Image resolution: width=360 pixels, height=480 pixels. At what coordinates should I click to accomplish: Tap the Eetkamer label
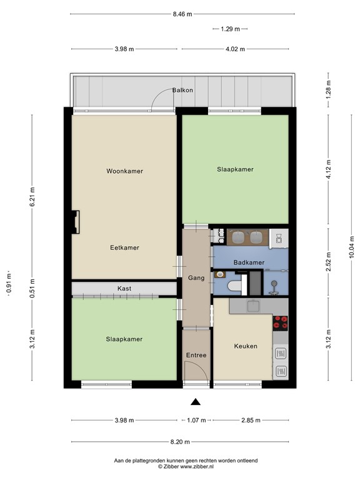point(124,247)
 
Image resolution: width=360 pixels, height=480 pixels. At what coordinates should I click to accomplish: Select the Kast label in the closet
point(124,289)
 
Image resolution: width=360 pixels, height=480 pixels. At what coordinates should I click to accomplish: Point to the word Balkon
point(183,91)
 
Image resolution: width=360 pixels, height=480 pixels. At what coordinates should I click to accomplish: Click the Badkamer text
point(249,263)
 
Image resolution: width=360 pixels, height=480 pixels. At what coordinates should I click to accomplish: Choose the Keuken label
point(246,346)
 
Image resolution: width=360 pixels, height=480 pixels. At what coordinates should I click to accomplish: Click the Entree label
point(196,356)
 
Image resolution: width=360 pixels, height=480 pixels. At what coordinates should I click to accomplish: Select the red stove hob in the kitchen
point(281,322)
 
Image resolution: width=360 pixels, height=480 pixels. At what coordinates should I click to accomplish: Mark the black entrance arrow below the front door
point(196,402)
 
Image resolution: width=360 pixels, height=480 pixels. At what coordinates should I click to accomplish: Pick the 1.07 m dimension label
point(196,421)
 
